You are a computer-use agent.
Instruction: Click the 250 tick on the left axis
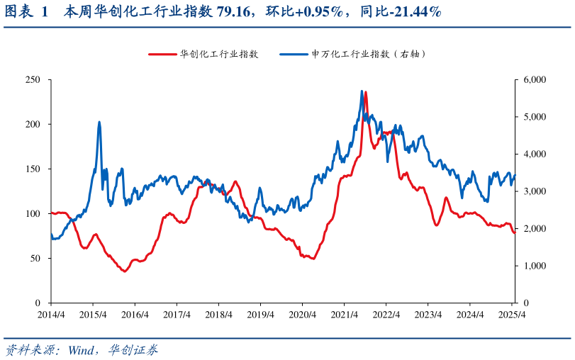[x=33, y=79]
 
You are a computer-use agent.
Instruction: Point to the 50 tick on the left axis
[x=35, y=258]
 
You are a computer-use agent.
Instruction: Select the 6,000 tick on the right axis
[x=533, y=79]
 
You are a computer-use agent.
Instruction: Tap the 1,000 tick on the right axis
[x=533, y=266]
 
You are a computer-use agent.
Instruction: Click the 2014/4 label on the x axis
[x=51, y=314]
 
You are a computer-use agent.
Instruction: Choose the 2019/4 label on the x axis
[x=261, y=314]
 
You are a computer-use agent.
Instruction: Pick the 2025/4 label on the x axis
[x=512, y=314]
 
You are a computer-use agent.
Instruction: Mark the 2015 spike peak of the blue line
[x=99, y=122]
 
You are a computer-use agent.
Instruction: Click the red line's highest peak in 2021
[x=366, y=92]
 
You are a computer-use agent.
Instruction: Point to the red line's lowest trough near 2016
[x=125, y=271]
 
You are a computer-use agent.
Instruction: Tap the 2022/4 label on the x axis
[x=387, y=314]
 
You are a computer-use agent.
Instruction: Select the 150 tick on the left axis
[x=33, y=169]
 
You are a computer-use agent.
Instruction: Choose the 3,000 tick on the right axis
[x=533, y=191]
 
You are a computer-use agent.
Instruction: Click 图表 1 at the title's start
[x=26, y=12]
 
